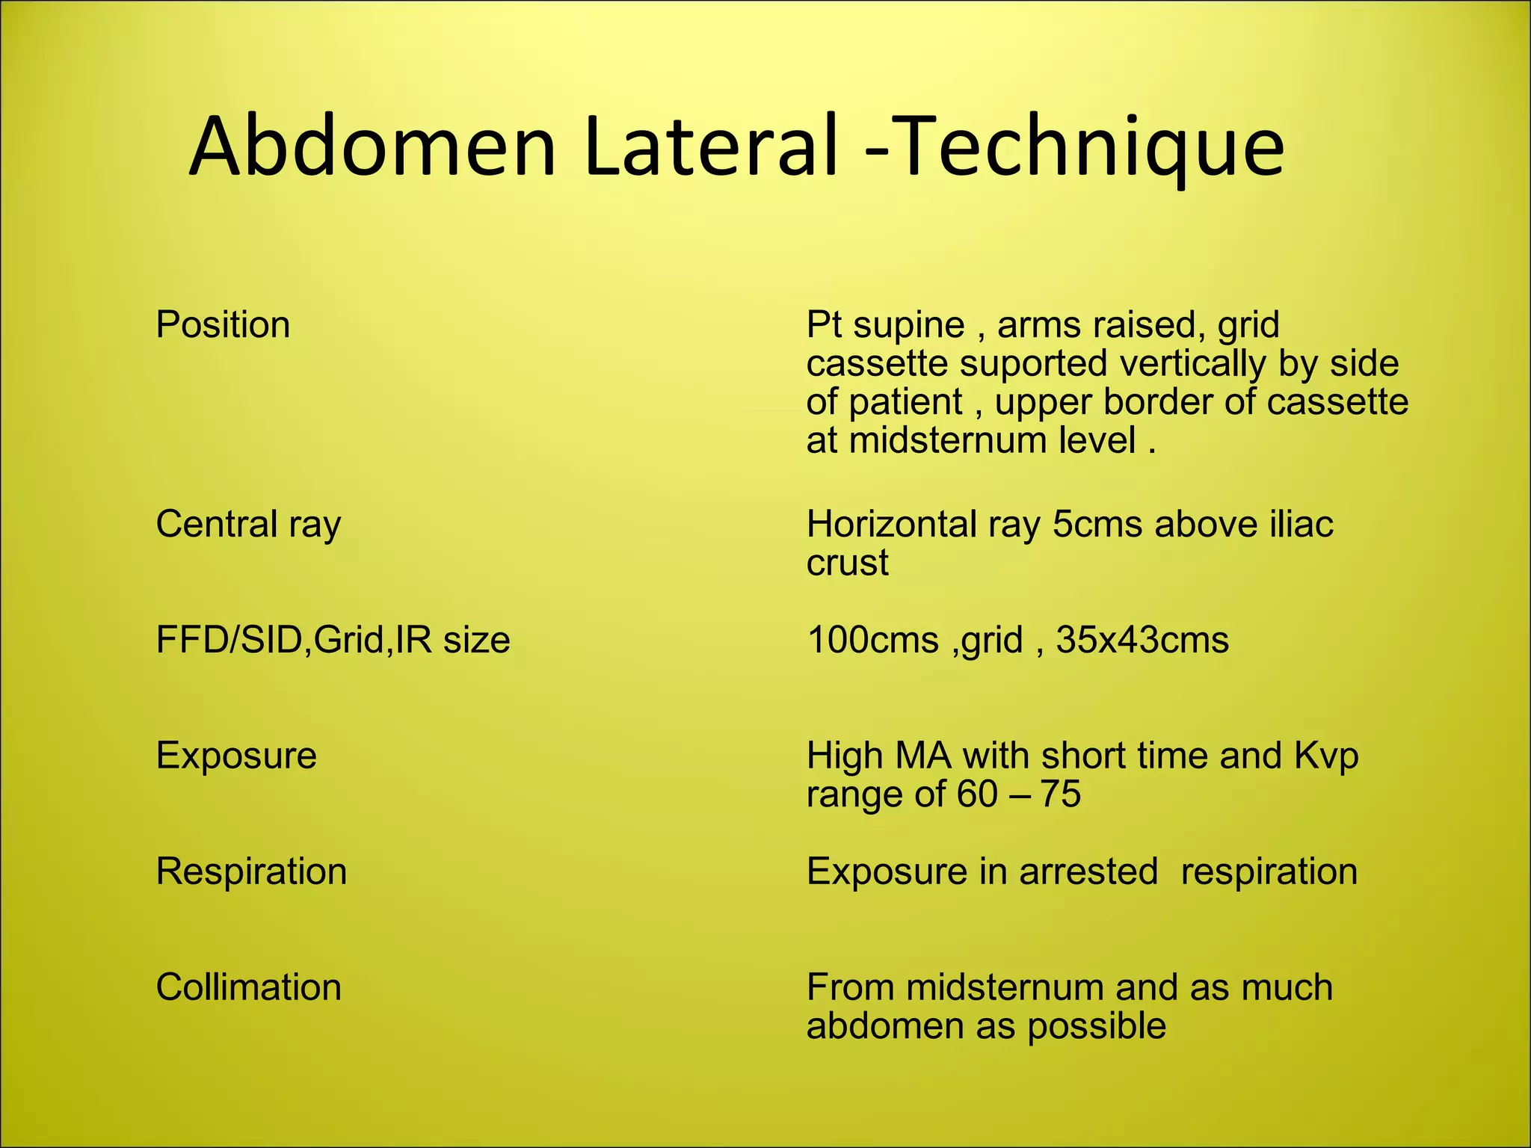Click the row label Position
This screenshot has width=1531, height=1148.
[x=223, y=326]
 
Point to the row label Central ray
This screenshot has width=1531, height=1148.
[x=248, y=524]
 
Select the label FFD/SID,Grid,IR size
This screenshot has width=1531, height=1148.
[x=333, y=641]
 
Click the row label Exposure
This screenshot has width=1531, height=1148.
[x=236, y=756]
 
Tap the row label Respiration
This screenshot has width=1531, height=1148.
[x=251, y=871]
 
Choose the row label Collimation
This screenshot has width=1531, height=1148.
[x=248, y=987]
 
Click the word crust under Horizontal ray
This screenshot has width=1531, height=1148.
[x=847, y=563]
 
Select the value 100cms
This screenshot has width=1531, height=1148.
[x=872, y=641]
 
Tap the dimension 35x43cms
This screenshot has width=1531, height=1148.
[x=1142, y=641]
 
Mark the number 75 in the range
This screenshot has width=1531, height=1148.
[x=1060, y=794]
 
